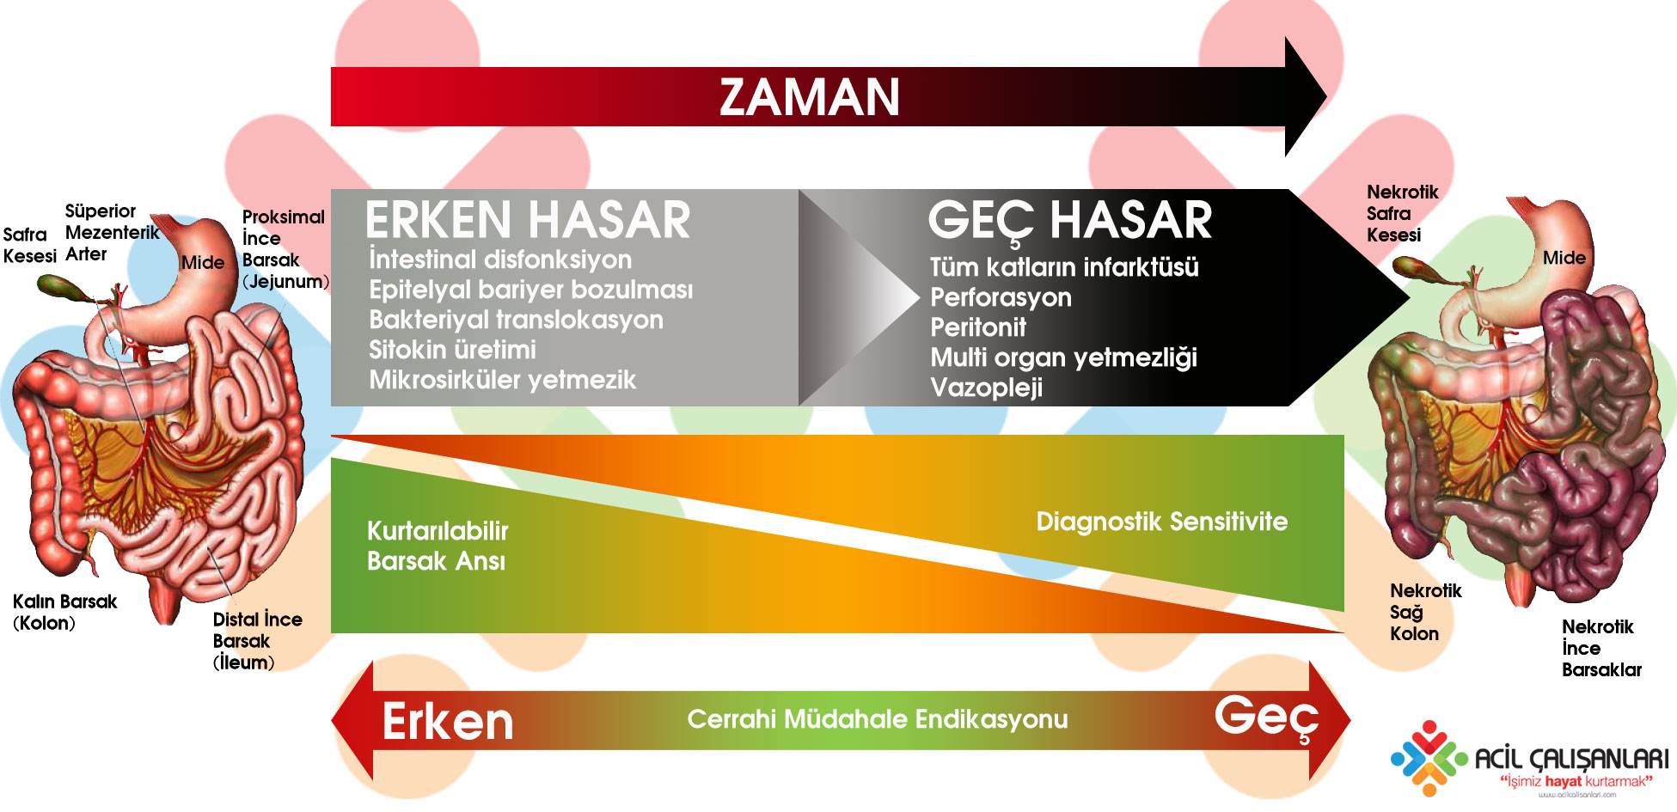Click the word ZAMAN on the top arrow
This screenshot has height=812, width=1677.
click(810, 97)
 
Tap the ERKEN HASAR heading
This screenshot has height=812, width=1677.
click(528, 220)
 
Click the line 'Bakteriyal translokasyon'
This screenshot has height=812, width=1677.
click(516, 320)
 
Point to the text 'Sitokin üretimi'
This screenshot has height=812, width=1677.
click(452, 350)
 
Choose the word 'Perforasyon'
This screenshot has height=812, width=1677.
click(1001, 297)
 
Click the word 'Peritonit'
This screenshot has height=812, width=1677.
click(978, 327)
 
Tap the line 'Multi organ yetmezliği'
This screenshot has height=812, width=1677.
click(1063, 357)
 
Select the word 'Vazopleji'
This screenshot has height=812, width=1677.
click(986, 388)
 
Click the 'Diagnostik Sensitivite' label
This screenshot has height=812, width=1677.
click(1161, 522)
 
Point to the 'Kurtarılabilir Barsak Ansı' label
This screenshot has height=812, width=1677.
click(438, 546)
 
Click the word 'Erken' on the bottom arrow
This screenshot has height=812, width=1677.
click(448, 722)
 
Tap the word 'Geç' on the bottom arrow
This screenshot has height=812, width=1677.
click(1266, 717)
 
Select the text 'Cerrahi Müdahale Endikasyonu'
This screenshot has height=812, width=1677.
click(878, 719)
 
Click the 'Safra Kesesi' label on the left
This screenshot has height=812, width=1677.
click(29, 245)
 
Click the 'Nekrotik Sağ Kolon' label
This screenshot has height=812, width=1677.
click(1425, 613)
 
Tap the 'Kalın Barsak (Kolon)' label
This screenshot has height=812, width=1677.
click(64, 613)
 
